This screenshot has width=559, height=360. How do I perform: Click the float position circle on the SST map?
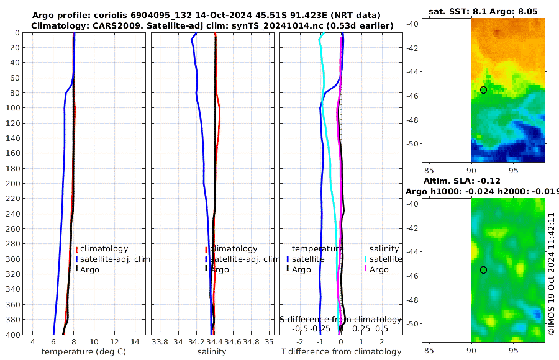[483, 90]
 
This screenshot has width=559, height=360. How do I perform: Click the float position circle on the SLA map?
[483, 270]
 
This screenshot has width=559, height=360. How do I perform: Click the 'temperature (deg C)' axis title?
[84, 352]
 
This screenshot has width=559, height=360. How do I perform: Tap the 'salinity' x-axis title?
[211, 352]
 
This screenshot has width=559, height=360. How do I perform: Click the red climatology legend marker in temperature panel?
[76, 249]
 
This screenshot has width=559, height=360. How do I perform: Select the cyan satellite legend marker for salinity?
[366, 259]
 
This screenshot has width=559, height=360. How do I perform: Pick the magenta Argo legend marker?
[366, 269]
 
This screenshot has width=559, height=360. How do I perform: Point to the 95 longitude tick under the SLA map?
[514, 351]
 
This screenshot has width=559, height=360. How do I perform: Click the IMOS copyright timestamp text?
[551, 273]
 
